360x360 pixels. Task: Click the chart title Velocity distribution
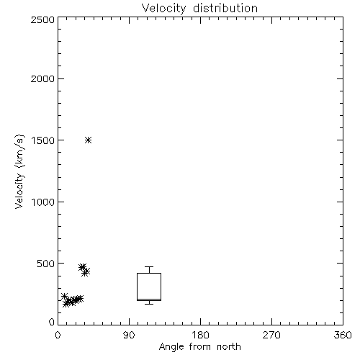click(x=199, y=9)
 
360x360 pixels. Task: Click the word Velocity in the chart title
click(x=163, y=9)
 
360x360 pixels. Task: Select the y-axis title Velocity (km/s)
click(x=19, y=171)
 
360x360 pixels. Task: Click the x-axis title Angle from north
click(x=199, y=347)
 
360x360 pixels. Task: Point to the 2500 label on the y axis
click(x=42, y=19)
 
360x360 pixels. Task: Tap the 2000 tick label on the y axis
click(x=42, y=78)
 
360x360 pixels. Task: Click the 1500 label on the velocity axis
click(x=43, y=140)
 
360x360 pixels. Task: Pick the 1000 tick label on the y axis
click(x=43, y=202)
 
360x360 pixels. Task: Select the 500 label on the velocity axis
click(x=46, y=264)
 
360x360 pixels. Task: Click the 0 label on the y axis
click(x=52, y=322)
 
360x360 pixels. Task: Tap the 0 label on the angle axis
click(x=58, y=335)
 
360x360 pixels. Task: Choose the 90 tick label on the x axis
click(x=129, y=335)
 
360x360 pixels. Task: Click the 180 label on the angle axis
click(x=200, y=335)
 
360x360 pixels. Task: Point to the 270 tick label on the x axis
click(x=271, y=335)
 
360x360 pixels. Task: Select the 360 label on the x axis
click(x=343, y=335)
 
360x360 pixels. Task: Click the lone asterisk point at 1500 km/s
click(x=89, y=140)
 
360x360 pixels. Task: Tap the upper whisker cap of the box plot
click(x=149, y=266)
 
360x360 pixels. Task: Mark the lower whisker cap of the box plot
click(x=149, y=304)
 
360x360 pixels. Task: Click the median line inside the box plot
click(x=149, y=299)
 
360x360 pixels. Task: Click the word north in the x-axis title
click(x=229, y=347)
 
